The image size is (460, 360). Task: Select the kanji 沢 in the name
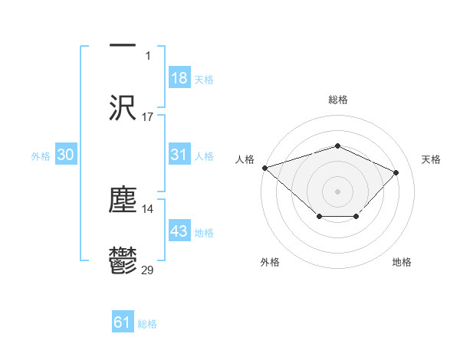point(123,108)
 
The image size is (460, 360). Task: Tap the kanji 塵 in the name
point(123,199)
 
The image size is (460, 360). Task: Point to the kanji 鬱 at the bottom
point(123,261)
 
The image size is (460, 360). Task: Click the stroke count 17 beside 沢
point(148,117)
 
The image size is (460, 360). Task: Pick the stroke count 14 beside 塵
point(148,208)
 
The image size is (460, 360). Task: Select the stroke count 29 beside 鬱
point(148,270)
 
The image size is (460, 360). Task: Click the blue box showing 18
point(179,78)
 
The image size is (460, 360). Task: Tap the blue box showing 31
point(179,155)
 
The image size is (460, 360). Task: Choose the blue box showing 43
point(179,231)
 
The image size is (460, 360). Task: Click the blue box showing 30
point(66,155)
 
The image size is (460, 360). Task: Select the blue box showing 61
point(123,322)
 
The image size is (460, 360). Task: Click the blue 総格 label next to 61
point(147,324)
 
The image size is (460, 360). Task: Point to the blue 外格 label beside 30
point(41,156)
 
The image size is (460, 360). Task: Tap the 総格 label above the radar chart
point(337,100)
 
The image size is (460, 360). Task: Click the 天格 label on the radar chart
point(431,159)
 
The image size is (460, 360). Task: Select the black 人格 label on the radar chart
point(245,159)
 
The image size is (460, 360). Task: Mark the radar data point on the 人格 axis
point(264,168)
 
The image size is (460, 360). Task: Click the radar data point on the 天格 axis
point(396,172)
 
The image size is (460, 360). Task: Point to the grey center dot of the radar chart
point(337,191)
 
